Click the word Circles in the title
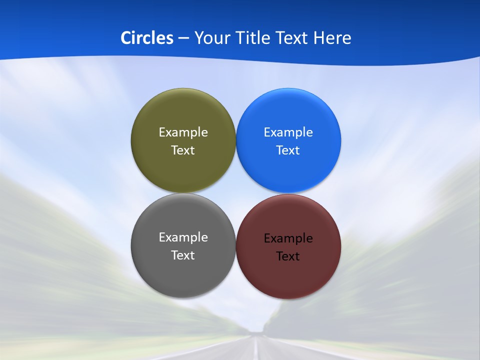(x=147, y=38)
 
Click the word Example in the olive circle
(x=183, y=132)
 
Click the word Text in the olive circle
(x=183, y=150)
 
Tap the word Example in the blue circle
(x=288, y=132)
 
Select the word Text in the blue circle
(x=288, y=150)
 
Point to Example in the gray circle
(x=183, y=237)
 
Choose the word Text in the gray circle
(x=183, y=255)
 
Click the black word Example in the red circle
(x=288, y=238)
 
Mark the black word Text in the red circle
(x=288, y=256)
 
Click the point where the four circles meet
(x=236, y=193)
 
